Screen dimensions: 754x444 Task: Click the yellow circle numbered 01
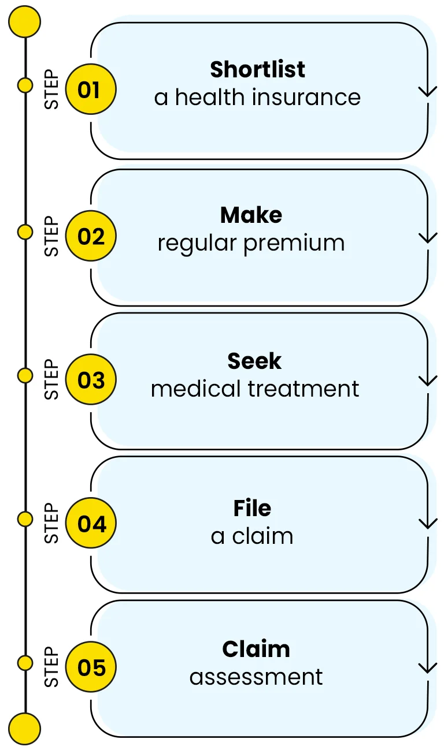click(x=90, y=90)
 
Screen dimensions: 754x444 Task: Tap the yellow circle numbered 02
click(x=90, y=237)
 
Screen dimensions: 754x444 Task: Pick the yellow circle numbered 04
click(x=90, y=524)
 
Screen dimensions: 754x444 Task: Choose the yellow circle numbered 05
click(x=90, y=667)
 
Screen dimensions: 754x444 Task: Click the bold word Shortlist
click(x=257, y=69)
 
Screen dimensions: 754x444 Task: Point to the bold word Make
click(x=251, y=215)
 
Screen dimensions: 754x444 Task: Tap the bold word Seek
click(x=254, y=361)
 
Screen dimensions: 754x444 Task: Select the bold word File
click(x=252, y=508)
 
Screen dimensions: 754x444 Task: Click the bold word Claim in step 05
click(x=256, y=649)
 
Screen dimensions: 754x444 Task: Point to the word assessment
click(x=256, y=677)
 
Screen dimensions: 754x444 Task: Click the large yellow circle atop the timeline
click(x=25, y=22)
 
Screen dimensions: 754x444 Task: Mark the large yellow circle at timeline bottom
click(x=25, y=728)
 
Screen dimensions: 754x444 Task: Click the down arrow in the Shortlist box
click(x=427, y=89)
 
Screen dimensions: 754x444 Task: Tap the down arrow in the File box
click(x=427, y=522)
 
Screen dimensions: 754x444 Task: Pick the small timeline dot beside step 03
click(x=25, y=376)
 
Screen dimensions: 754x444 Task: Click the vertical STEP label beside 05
click(x=52, y=667)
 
